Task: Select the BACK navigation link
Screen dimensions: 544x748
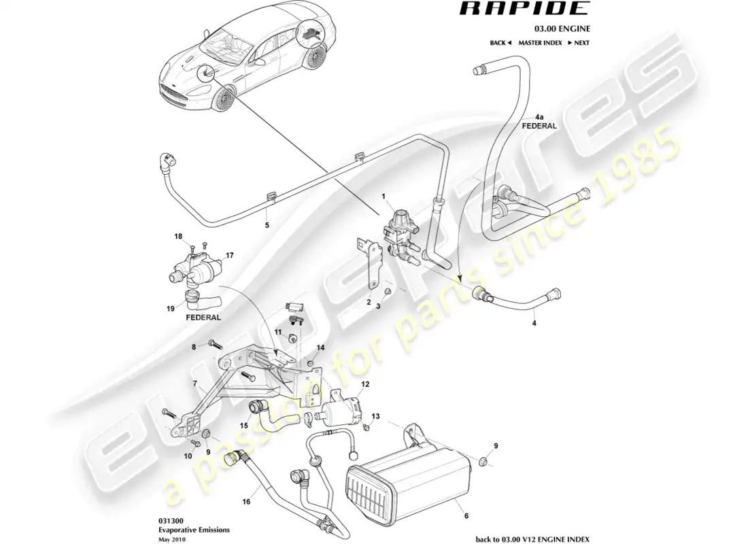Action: [500, 43]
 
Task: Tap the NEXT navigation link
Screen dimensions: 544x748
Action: [579, 43]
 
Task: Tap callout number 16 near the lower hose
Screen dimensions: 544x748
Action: [247, 502]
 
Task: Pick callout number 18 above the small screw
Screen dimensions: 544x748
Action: [178, 237]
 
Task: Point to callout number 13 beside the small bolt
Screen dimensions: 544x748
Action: [375, 416]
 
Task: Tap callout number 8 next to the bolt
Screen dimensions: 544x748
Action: [192, 347]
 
